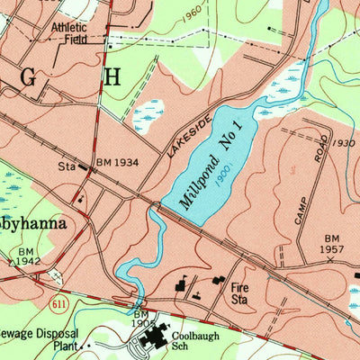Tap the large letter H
(x=111, y=77)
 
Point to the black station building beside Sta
(x=84, y=166)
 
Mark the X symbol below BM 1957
(x=330, y=259)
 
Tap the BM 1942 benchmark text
(x=26, y=257)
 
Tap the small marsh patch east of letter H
(x=148, y=114)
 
